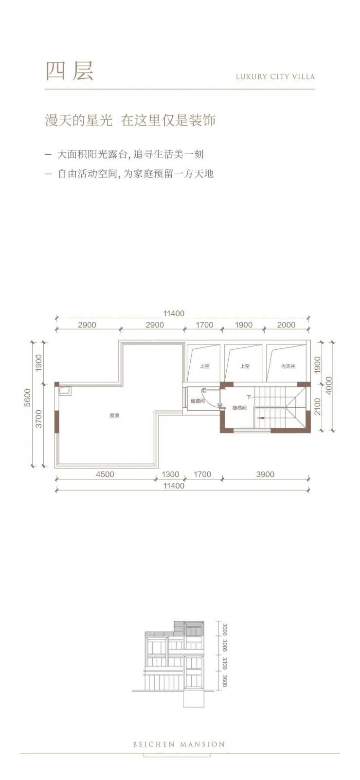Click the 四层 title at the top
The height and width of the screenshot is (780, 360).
click(70, 72)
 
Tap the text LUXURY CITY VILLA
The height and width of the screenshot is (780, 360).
click(275, 76)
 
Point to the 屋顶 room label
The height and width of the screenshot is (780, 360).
click(114, 416)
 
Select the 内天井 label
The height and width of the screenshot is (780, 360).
click(288, 366)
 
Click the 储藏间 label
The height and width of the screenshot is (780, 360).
click(198, 401)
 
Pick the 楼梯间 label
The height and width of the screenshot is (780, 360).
click(239, 408)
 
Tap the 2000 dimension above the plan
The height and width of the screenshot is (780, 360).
click(286, 325)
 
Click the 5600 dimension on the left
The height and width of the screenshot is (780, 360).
click(28, 398)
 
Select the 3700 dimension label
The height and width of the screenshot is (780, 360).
click(38, 419)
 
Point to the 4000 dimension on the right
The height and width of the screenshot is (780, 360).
click(329, 385)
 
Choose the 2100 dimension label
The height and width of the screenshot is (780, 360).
click(318, 407)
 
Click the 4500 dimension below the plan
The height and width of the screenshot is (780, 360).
click(105, 474)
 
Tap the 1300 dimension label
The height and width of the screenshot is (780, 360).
click(170, 474)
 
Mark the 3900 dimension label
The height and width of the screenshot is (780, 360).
click(265, 474)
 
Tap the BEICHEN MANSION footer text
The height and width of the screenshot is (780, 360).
click(179, 744)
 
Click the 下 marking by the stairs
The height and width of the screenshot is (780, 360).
click(249, 397)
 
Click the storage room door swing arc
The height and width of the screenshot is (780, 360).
click(211, 397)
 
